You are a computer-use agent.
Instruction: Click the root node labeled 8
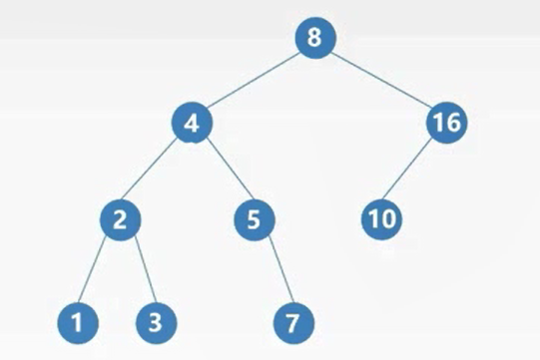315,38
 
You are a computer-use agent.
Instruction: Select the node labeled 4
192,123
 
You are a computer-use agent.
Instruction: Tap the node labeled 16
446,123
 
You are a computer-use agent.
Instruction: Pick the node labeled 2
120,220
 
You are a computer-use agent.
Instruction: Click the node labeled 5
255,220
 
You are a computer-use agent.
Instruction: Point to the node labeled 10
381,219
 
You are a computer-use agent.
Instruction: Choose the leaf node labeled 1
78,323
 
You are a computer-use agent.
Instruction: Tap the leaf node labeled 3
157,323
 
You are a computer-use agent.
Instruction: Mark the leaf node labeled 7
293,323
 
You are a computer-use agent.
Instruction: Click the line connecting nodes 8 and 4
254,80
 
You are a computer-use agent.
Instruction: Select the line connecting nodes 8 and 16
381,80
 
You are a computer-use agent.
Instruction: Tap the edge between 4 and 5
229,170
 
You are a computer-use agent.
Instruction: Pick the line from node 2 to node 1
92,270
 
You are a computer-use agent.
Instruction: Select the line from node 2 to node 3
145,270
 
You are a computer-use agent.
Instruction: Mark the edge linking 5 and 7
281,270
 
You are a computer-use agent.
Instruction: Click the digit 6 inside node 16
452,123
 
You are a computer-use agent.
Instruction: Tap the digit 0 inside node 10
387,219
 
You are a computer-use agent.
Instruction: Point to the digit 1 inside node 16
438,123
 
